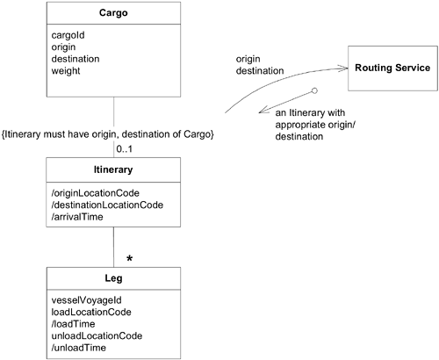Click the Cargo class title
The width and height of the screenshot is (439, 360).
point(113,15)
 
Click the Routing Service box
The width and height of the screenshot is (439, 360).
point(392,68)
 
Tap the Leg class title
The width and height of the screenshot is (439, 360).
point(113,279)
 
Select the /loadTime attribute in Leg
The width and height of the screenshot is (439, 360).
point(75,324)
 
